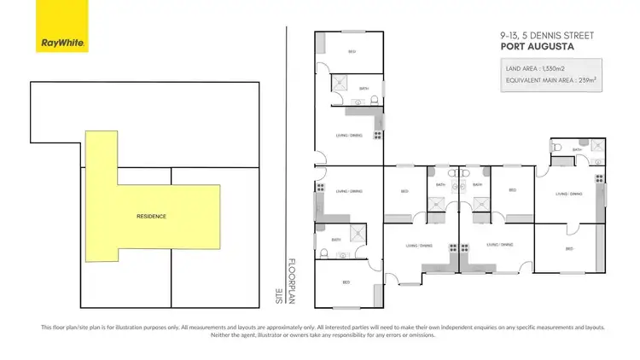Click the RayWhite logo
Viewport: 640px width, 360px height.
[x=63, y=26]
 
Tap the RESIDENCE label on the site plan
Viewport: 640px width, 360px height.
[x=151, y=217]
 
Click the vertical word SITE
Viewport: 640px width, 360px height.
[x=277, y=296]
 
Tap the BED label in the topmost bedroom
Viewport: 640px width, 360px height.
[x=352, y=53]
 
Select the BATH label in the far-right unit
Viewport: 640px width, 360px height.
[x=577, y=149]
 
